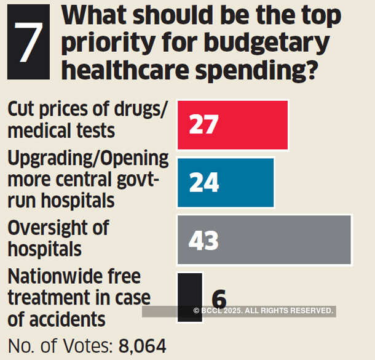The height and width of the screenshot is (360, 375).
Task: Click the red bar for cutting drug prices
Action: (x=246, y=125)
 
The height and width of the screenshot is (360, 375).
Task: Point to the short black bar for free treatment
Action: (x=189, y=289)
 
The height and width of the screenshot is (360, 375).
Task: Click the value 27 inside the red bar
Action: (x=203, y=125)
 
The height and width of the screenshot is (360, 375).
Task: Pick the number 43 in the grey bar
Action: (x=203, y=240)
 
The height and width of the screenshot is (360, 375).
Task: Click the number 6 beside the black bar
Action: (x=219, y=300)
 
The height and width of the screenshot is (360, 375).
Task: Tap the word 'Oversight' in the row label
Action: (x=50, y=228)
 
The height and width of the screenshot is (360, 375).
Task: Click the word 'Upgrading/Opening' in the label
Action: (x=88, y=159)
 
